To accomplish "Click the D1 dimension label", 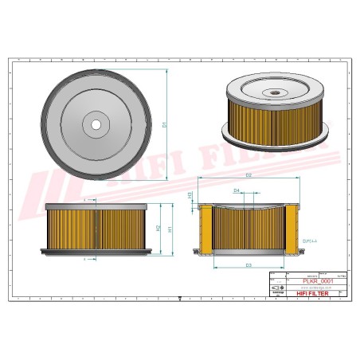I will click(165, 125).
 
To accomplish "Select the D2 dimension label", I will click(248, 174).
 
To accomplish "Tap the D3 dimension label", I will click(248, 264).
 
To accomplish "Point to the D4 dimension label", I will click(237, 191).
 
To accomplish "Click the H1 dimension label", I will click(170, 229).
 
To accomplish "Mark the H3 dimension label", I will click(190, 194).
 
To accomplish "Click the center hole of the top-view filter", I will click(96, 124).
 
